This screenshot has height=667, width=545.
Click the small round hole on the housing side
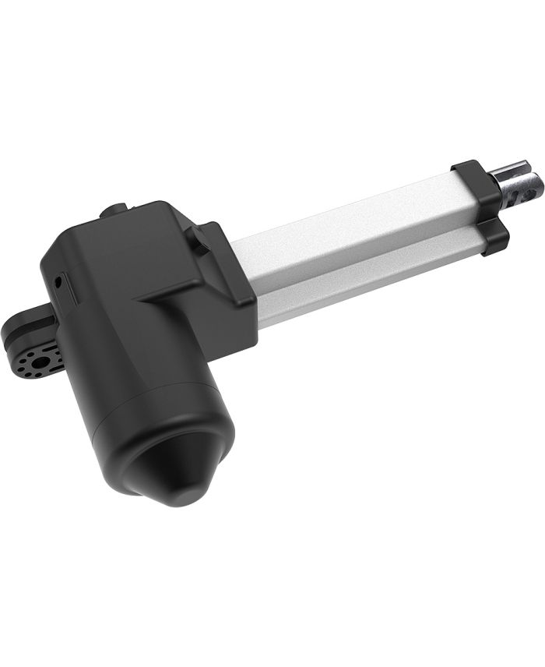[57, 277]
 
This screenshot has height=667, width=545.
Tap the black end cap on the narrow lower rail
[493, 238]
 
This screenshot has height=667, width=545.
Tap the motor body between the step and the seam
[125, 343]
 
